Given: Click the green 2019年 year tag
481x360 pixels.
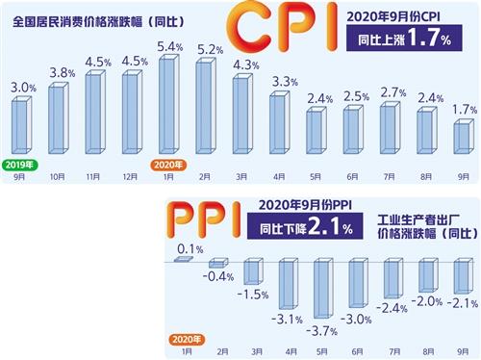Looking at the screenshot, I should pos(21,165).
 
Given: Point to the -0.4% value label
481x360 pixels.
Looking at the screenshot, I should pos(221,278).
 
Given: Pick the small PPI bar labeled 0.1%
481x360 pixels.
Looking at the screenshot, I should pos(184,257).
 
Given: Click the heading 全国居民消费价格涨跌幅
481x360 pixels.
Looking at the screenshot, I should pos(101,20).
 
